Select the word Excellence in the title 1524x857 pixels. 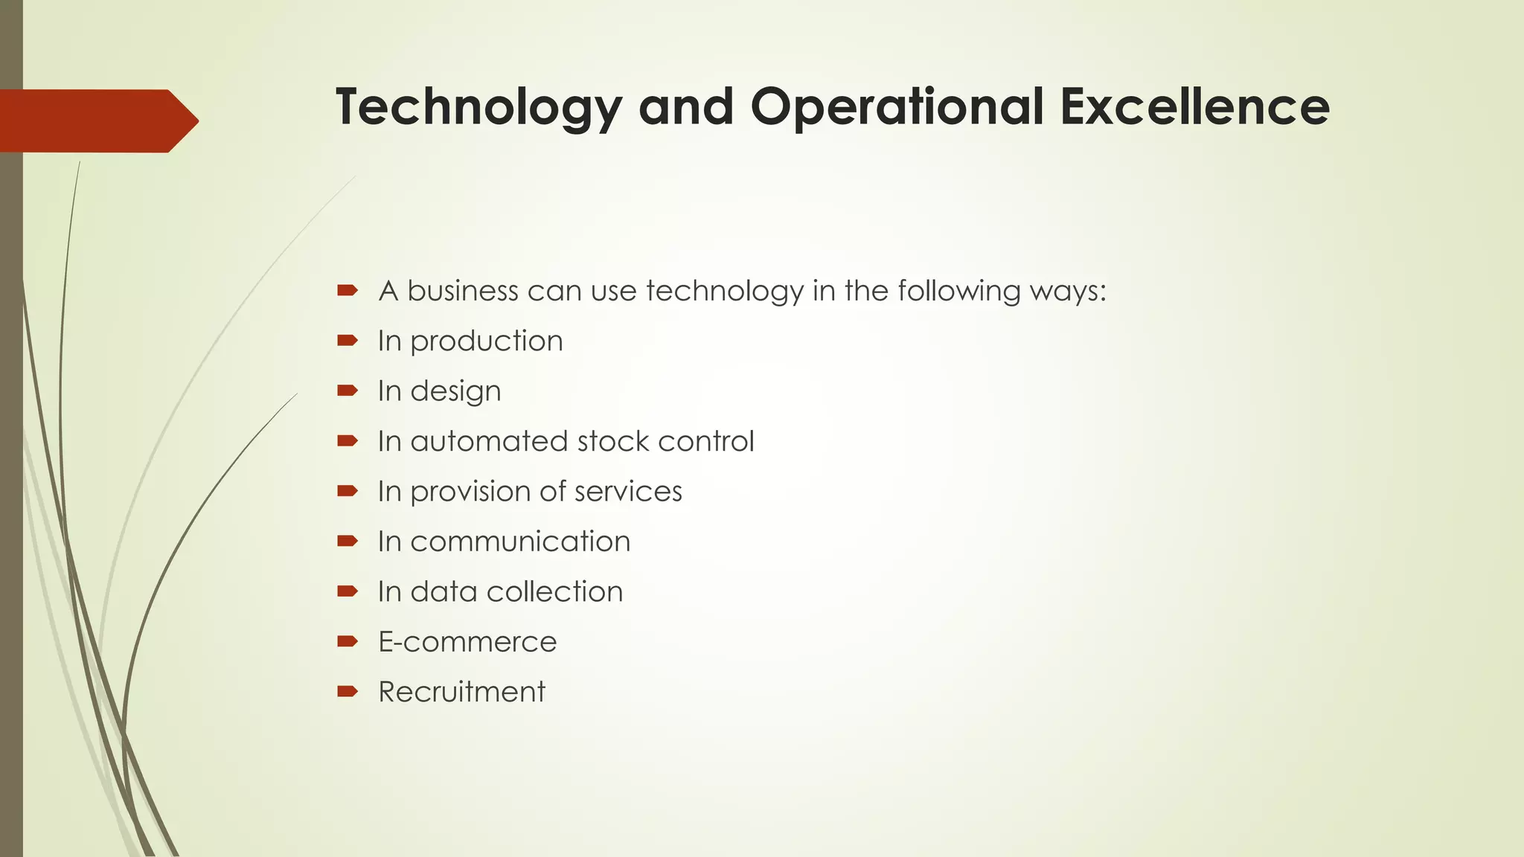click(1194, 107)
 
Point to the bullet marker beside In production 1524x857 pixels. click(347, 341)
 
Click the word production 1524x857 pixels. click(486, 341)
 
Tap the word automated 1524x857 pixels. click(488, 441)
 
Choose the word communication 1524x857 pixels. click(520, 542)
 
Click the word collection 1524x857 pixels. click(554, 591)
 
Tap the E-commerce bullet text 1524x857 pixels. click(467, 641)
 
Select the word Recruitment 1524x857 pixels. click(461, 692)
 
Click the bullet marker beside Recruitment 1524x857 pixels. click(347, 692)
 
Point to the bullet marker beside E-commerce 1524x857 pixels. click(347, 641)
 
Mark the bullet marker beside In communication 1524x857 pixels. click(347, 541)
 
